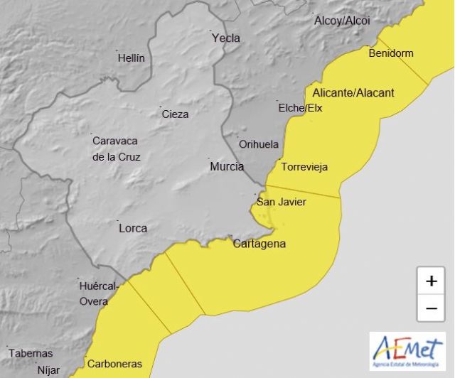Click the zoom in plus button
pyautogui.click(x=431, y=281)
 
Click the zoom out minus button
pyautogui.click(x=431, y=308)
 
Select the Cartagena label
pyautogui.click(x=259, y=244)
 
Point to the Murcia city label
pyautogui.click(x=227, y=167)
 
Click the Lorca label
pyautogui.click(x=133, y=228)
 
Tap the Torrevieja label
pyautogui.click(x=304, y=168)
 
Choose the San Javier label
pyautogui.click(x=282, y=202)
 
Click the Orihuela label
pyautogui.click(x=259, y=144)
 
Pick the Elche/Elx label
pyautogui.click(x=299, y=108)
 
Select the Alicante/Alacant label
pyautogui.click(x=353, y=93)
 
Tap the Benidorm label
pyautogui.click(x=390, y=53)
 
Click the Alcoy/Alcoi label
pyautogui.click(x=342, y=21)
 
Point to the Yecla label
pyautogui.click(x=226, y=38)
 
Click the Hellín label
pyautogui.click(x=132, y=58)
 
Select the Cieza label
pyautogui.click(x=175, y=114)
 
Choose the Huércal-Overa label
pyautogui.click(x=94, y=294)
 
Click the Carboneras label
pyautogui.click(x=114, y=364)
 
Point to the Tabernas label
pyautogui.click(x=31, y=353)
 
